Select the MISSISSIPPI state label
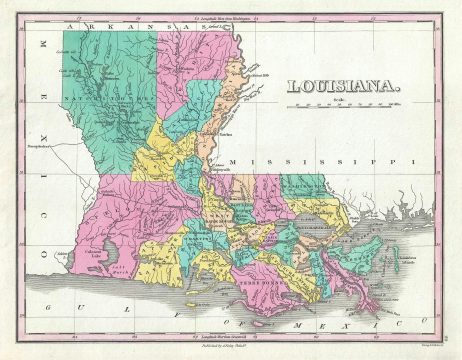[x=320, y=161]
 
